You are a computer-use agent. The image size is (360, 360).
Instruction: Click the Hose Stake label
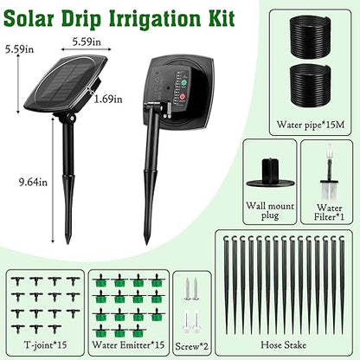coord(286,343)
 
